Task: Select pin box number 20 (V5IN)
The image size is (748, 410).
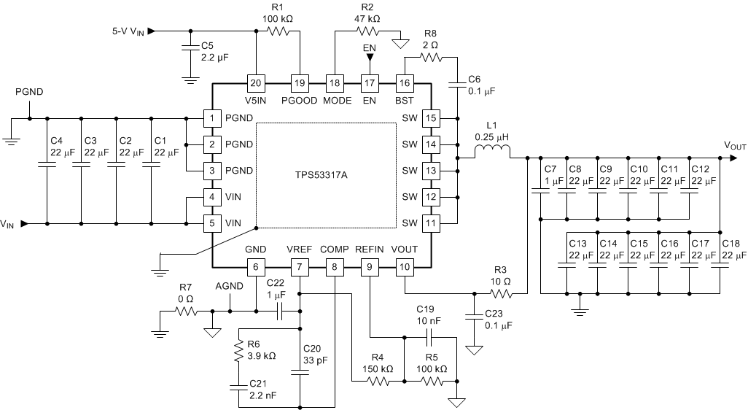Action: pyautogui.click(x=256, y=83)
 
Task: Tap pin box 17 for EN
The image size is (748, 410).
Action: pyautogui.click(x=370, y=83)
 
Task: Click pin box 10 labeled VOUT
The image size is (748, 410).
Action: pyautogui.click(x=405, y=268)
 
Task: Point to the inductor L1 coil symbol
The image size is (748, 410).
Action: pyautogui.click(x=493, y=152)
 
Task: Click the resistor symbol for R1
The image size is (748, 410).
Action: pyautogui.click(x=278, y=31)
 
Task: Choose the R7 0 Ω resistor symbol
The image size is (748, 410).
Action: pyautogui.click(x=185, y=311)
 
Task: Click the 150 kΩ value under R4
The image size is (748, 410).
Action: pyautogui.click(x=378, y=369)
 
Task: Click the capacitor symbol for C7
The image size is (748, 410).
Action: pyautogui.click(x=540, y=192)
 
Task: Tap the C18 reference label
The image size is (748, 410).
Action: pyautogui.click(x=730, y=243)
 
